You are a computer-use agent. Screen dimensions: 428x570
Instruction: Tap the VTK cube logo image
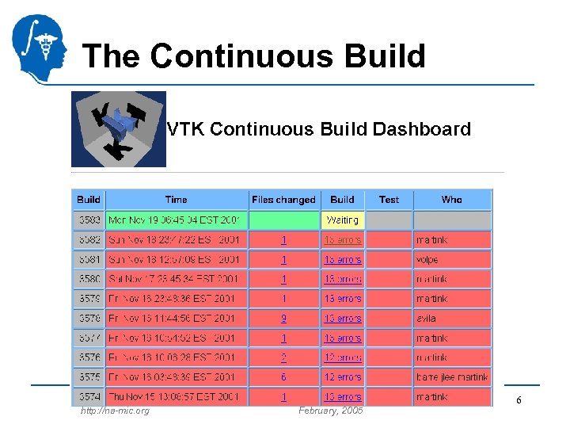[x=119, y=129]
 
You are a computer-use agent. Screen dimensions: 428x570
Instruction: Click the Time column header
[x=176, y=200]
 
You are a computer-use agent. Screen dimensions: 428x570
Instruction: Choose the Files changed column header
[x=283, y=200]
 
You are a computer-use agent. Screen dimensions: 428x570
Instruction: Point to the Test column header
[x=389, y=200]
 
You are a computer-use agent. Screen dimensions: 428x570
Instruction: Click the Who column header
[x=452, y=200]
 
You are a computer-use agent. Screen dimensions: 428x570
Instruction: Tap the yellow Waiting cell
[x=342, y=220]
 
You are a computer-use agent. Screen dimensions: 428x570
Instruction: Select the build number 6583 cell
[x=88, y=220]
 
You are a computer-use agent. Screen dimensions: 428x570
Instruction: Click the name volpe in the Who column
[x=427, y=259]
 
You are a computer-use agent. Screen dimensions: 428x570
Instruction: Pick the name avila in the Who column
[x=425, y=318]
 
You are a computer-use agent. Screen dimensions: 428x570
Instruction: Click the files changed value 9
[x=283, y=318]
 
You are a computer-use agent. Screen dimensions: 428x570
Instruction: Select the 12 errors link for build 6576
[x=342, y=357]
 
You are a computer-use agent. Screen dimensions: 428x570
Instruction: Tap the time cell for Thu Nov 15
[x=176, y=396]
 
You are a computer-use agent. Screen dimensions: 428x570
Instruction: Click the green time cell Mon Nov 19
[x=176, y=220]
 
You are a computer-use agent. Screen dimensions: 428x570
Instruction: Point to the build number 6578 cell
[x=88, y=318]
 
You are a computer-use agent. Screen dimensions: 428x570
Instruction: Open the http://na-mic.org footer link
[x=115, y=411]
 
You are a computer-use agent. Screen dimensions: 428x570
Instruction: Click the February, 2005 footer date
[x=330, y=411]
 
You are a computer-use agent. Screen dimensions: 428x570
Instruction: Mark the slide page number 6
[x=519, y=401]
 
